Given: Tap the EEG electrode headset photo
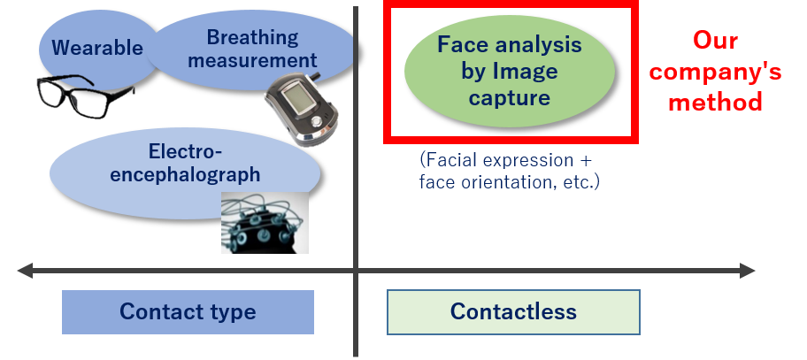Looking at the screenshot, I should [x=264, y=223].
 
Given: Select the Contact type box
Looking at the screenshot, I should [x=188, y=312].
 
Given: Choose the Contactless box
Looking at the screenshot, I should [x=513, y=312].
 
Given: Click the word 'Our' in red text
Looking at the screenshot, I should [x=714, y=40].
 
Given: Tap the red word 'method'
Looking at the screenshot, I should [x=715, y=102].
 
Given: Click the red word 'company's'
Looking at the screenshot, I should [x=715, y=71].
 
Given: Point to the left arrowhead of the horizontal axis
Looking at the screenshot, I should [x=24, y=271].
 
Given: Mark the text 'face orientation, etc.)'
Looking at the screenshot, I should [x=510, y=182].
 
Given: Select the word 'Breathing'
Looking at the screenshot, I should [x=252, y=37].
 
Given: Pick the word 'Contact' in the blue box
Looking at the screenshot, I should [x=157, y=312].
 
